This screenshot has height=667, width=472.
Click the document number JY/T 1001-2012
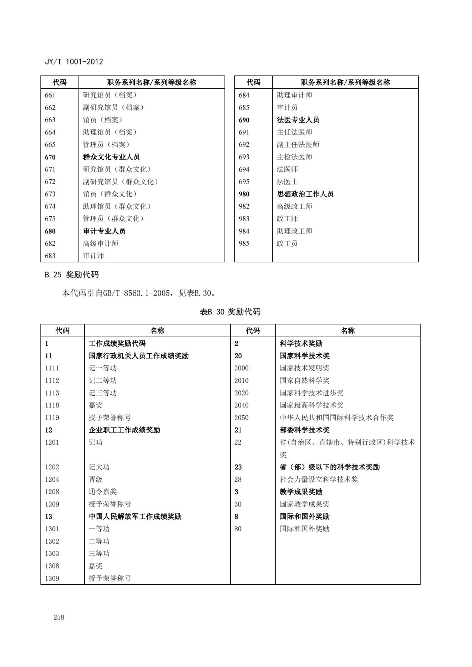click(74, 62)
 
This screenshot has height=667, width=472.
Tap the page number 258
click(59, 617)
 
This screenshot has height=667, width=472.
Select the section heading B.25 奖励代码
click(72, 275)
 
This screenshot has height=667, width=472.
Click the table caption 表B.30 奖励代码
click(230, 312)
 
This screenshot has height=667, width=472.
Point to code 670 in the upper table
click(50, 157)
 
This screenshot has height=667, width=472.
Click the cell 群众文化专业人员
click(111, 157)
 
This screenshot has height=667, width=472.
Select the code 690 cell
click(244, 120)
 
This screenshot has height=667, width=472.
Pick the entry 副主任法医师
click(298, 144)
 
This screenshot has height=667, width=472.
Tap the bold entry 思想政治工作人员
click(305, 194)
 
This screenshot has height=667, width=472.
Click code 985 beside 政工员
click(244, 243)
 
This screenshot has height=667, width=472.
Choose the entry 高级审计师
click(101, 243)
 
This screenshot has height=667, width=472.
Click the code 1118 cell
click(52, 405)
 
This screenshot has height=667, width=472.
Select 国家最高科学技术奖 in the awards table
click(311, 405)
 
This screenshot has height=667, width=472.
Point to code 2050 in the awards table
click(242, 417)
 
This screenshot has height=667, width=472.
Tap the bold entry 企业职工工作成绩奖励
click(124, 430)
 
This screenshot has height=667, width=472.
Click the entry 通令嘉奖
click(103, 492)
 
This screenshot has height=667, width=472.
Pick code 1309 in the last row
click(52, 578)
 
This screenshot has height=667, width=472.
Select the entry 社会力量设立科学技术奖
click(319, 479)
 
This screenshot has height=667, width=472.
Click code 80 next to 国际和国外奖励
click(238, 529)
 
